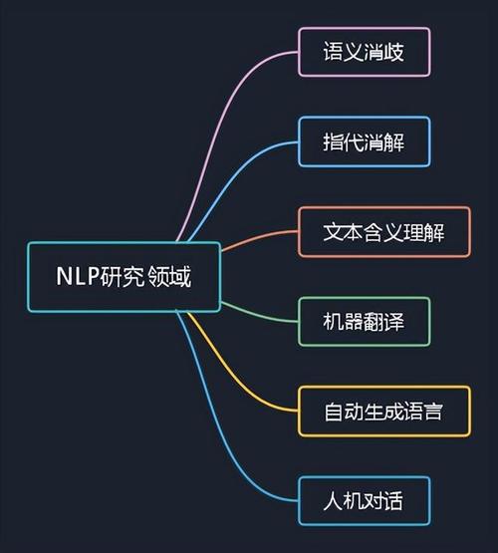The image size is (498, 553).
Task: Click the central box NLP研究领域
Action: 124,277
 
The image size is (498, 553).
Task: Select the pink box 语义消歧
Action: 365,52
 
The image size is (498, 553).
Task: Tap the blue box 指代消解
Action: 365,141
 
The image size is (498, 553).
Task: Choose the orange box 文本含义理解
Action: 384,232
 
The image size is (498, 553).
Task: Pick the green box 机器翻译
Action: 365,322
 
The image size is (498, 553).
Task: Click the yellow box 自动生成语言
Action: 384,412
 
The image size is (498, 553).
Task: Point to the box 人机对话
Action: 365,501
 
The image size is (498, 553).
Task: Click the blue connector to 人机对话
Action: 217,423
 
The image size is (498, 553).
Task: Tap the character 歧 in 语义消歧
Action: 393,52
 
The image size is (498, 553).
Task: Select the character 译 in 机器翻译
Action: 393,322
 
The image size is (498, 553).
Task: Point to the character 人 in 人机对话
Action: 334,501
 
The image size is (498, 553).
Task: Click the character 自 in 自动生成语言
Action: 334,412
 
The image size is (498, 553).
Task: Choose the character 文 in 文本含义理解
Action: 334,232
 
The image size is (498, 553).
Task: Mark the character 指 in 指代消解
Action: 334,141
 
